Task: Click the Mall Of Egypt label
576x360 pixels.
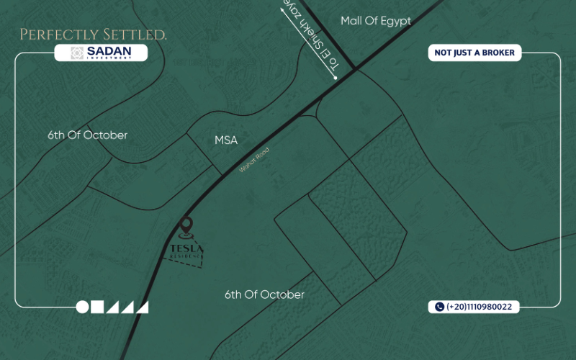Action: tap(376, 21)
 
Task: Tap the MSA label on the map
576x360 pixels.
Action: tap(226, 140)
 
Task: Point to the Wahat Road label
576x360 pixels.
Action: tap(254, 160)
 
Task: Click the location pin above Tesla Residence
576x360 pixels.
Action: tap(186, 228)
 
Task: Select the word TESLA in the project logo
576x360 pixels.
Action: tap(186, 249)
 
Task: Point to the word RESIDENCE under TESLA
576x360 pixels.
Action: tap(186, 256)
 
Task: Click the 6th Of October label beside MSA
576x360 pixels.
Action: tap(88, 135)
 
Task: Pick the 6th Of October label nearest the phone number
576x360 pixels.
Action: tap(264, 294)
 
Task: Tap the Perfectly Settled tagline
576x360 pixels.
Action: tap(94, 35)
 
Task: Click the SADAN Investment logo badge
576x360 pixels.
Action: tap(101, 53)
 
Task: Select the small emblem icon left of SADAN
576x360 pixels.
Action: tap(77, 53)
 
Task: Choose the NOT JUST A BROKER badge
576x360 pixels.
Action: tap(474, 53)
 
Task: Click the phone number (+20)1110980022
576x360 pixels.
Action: tap(479, 307)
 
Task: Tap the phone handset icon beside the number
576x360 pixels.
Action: tap(439, 307)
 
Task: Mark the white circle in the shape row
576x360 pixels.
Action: tap(83, 307)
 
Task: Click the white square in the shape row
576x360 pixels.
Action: tap(97, 307)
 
